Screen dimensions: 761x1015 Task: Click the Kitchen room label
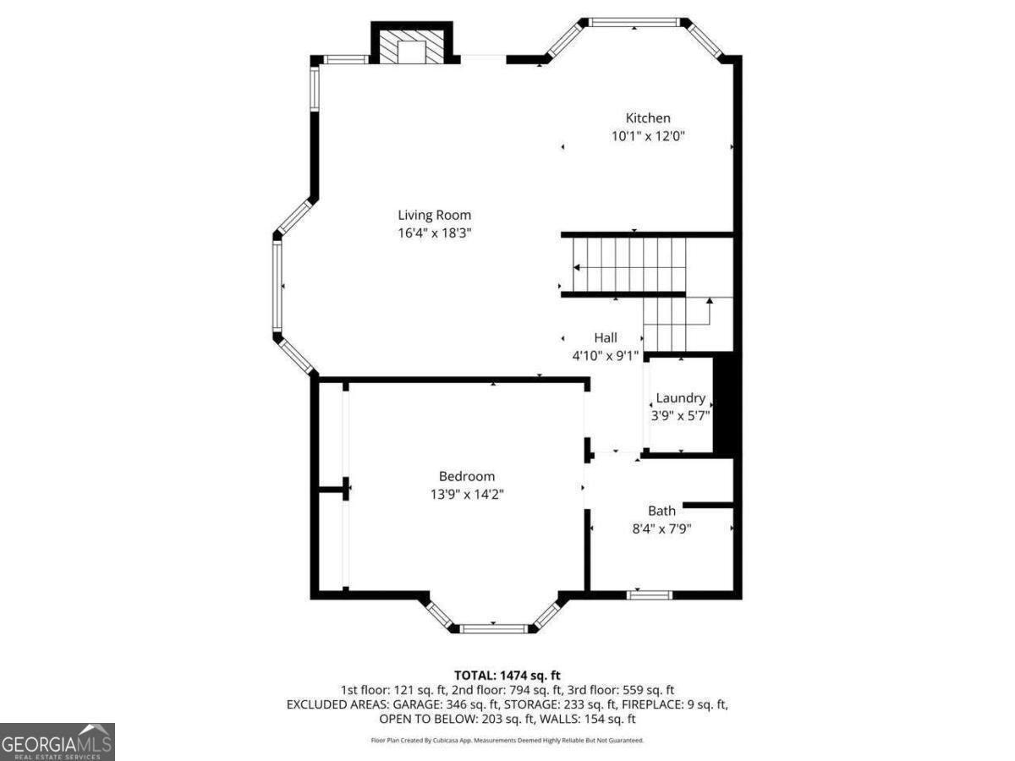click(x=648, y=118)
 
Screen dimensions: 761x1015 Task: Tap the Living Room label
click(x=435, y=215)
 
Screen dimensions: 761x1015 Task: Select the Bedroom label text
click(x=467, y=476)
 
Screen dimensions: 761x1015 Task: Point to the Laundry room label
click(x=681, y=398)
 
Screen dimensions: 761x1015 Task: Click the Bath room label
click(x=661, y=511)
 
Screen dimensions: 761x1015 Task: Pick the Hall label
click(x=605, y=338)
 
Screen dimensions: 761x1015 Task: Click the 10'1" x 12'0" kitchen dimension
click(x=648, y=136)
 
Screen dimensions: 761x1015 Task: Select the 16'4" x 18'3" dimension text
click(x=435, y=233)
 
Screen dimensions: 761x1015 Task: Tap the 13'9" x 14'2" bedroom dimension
click(x=467, y=494)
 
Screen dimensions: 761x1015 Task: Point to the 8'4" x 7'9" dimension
click(x=661, y=528)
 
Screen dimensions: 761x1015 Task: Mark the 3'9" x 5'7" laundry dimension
click(x=681, y=415)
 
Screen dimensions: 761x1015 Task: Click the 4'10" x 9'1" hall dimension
click(x=605, y=356)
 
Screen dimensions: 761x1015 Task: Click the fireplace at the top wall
click(x=413, y=48)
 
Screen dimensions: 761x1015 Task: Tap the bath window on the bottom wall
click(x=650, y=594)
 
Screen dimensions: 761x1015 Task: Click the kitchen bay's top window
click(x=634, y=22)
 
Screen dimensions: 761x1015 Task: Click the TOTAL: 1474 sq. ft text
click(x=507, y=675)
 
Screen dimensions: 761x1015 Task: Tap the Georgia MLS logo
click(x=57, y=742)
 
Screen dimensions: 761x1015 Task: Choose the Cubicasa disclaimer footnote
click(x=507, y=740)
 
